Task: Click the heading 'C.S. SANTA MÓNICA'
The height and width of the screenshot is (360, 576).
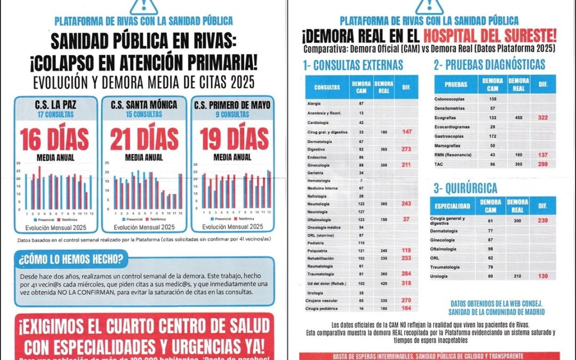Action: click(x=143, y=105)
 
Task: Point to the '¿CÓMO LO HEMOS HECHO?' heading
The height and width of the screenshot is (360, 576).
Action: click(x=71, y=260)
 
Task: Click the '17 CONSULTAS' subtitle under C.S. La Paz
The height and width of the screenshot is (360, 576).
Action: click(x=55, y=114)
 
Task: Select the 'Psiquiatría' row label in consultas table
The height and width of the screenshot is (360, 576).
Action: click(x=317, y=250)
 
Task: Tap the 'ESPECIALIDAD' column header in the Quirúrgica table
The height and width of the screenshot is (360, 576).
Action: click(x=452, y=206)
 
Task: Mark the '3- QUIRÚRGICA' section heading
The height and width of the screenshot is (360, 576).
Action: click(x=465, y=188)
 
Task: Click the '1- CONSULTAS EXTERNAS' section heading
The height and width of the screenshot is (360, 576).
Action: click(x=353, y=65)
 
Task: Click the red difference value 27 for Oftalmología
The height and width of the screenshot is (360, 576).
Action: click(x=406, y=219)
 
